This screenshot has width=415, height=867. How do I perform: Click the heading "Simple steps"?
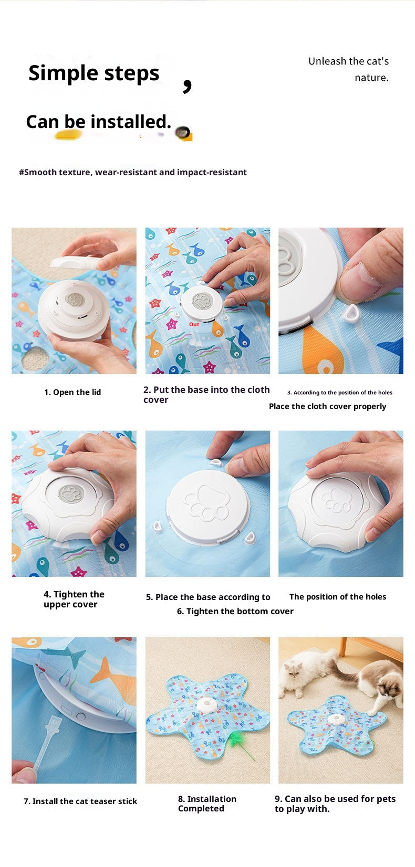[x=94, y=73]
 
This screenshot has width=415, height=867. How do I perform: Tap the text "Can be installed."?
[x=98, y=122]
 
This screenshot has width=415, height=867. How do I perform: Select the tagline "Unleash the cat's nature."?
[x=348, y=69]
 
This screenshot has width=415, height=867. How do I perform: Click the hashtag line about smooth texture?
[x=132, y=172]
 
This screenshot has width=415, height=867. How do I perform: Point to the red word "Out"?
[x=194, y=324]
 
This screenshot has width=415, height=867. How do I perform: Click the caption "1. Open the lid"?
[x=72, y=392]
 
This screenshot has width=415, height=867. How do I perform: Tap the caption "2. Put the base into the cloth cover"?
[x=206, y=394]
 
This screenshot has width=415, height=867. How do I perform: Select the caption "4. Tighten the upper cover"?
[x=74, y=599]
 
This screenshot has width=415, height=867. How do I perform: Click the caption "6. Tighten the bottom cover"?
[x=235, y=611]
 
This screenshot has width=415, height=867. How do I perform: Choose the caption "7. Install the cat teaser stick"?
[x=80, y=801]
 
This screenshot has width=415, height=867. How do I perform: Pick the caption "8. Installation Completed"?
[x=207, y=804]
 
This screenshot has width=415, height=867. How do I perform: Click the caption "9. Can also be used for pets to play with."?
[x=335, y=804]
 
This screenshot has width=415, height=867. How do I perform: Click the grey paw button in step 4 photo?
[x=71, y=494]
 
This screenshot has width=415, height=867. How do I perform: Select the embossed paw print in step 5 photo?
[x=206, y=503]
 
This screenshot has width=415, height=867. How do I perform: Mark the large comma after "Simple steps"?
[x=187, y=85]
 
